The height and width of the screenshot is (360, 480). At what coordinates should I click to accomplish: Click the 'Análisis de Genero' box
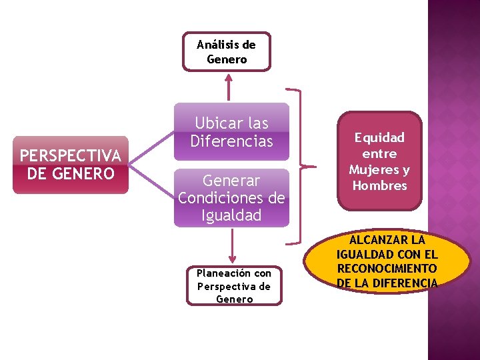point(227,51)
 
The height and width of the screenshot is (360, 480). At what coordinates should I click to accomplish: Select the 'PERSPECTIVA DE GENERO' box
point(71,165)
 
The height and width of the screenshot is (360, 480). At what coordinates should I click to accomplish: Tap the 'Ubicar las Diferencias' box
point(231,131)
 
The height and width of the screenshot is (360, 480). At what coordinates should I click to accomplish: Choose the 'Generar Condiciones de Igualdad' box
point(231,198)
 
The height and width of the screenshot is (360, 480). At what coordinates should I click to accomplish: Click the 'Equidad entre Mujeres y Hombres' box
point(379,161)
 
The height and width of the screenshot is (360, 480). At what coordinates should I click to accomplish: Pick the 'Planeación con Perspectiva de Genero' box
point(234,286)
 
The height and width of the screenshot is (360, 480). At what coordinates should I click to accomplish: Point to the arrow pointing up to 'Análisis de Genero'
point(229,85)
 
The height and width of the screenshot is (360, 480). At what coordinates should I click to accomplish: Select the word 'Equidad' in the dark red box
point(379,137)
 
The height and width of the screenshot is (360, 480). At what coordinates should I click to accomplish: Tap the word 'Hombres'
point(379,185)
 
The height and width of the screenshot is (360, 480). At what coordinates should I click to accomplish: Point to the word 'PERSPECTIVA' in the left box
point(71,155)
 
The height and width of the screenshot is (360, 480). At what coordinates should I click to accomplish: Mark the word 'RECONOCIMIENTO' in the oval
point(387,268)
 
